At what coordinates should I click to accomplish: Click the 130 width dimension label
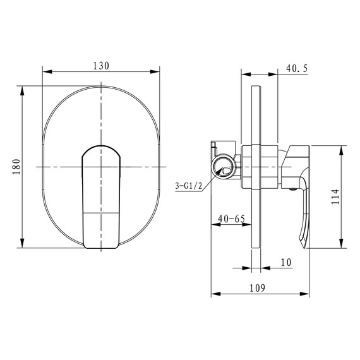pyautogui.click(x=101, y=66)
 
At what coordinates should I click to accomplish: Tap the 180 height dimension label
pyautogui.click(x=16, y=167)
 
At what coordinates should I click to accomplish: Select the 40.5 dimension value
pyautogui.click(x=297, y=68)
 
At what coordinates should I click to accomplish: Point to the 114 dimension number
pyautogui.click(x=335, y=197)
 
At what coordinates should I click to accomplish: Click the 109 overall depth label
pyautogui.click(x=258, y=288)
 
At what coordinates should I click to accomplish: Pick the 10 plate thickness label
pyautogui.click(x=286, y=263)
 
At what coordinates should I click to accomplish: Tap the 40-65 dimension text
pyautogui.click(x=231, y=219)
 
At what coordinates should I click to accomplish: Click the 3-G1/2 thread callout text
pyautogui.click(x=189, y=186)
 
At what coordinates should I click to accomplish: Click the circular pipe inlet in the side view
pyautogui.click(x=224, y=167)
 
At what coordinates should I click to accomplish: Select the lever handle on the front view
pyautogui.click(x=101, y=197)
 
